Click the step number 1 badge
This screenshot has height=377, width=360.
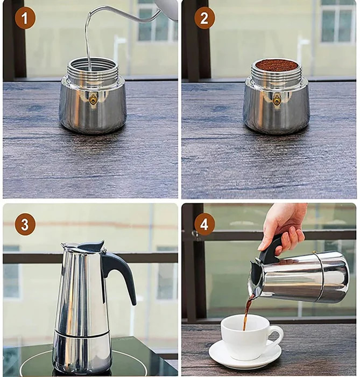point(25,18)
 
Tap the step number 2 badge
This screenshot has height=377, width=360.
point(204,18)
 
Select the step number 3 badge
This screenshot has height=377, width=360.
point(25,225)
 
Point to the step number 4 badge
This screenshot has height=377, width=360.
point(204,225)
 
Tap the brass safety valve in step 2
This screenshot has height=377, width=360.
point(277,100)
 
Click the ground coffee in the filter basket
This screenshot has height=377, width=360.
point(277,66)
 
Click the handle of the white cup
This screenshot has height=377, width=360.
point(276,337)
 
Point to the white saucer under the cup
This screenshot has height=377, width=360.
point(245,356)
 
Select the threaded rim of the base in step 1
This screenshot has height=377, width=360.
point(93,68)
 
